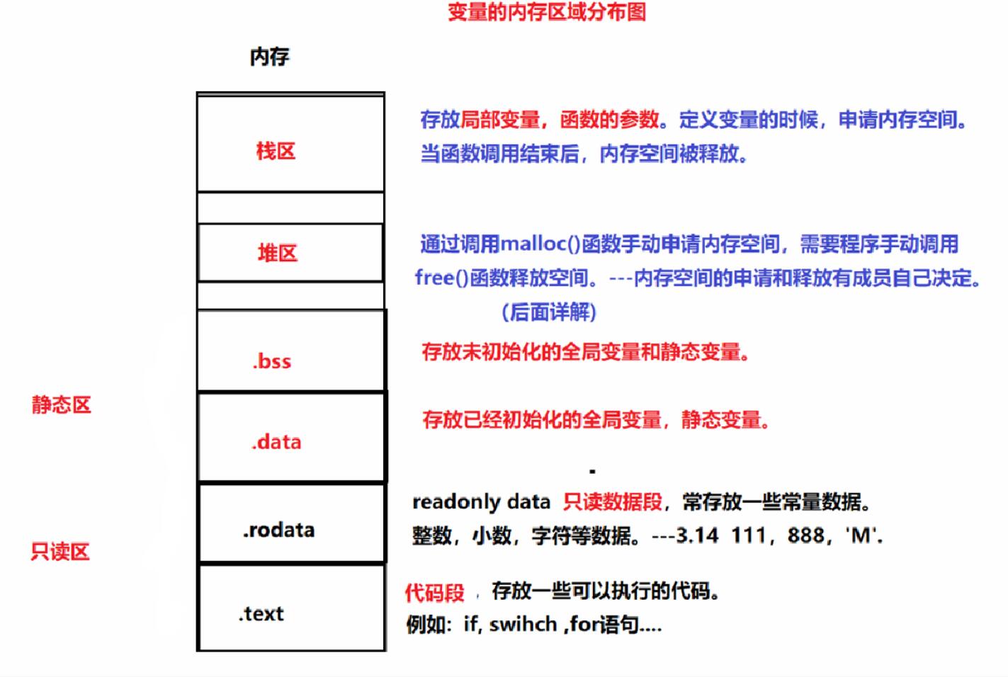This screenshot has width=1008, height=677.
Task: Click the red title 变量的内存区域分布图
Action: [546, 13]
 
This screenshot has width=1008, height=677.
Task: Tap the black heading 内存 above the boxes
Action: [269, 57]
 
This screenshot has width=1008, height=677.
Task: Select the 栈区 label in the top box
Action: [276, 151]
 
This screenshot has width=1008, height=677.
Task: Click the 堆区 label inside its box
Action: [277, 253]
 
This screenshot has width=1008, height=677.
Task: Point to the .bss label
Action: [272, 362]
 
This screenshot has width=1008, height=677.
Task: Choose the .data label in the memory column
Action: [276, 443]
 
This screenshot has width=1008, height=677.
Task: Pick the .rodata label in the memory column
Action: [278, 530]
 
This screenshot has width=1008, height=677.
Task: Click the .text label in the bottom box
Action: [261, 614]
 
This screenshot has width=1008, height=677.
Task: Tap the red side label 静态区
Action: [62, 405]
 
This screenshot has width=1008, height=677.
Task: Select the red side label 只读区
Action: [60, 552]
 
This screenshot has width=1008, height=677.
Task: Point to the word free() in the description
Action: [441, 278]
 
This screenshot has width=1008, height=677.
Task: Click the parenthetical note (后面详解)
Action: [549, 312]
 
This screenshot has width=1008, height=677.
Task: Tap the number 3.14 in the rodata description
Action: [697, 535]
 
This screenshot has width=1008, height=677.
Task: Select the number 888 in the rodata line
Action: [806, 535]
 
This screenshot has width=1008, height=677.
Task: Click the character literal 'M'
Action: [861, 535]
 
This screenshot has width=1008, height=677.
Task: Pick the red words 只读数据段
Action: [612, 502]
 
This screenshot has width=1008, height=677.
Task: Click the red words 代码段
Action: [434, 592]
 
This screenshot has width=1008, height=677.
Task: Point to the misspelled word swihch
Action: [523, 625]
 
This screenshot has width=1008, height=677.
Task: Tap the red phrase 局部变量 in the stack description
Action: [500, 120]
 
